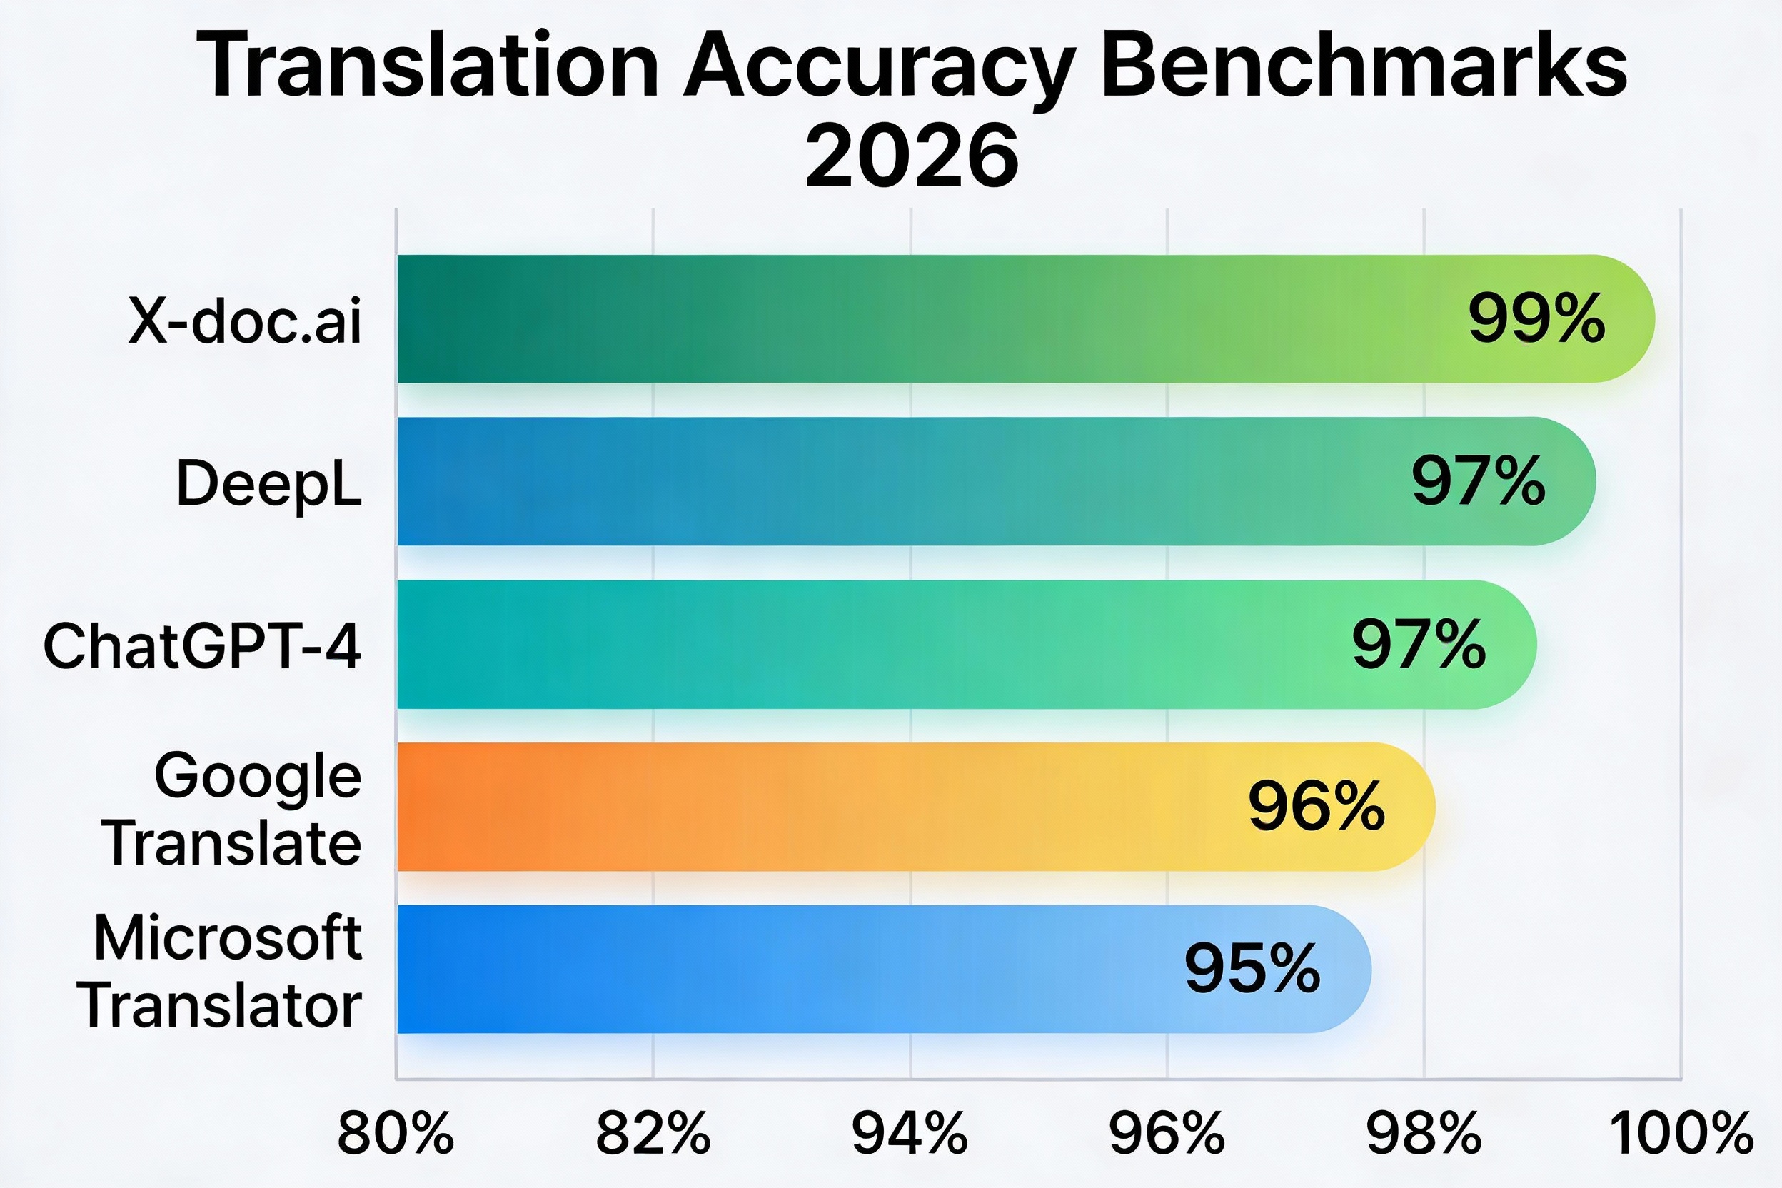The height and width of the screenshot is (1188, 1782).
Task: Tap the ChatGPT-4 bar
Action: pyautogui.click(x=909, y=645)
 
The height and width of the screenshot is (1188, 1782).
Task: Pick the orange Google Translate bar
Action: pyautogui.click(x=833, y=806)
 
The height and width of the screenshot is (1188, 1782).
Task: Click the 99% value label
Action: pyautogui.click(x=1536, y=319)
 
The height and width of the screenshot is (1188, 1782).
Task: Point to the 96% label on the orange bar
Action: pyautogui.click(x=1317, y=806)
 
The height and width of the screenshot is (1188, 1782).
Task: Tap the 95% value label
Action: pyautogui.click(x=1252, y=968)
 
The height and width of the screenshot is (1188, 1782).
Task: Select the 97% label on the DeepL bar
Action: pyautogui.click(x=1478, y=481)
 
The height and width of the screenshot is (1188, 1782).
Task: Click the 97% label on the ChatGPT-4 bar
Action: pyautogui.click(x=1419, y=645)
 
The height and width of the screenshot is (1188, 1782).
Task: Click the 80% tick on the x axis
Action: pyautogui.click(x=396, y=1134)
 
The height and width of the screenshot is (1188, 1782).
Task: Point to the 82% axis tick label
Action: pyautogui.click(x=653, y=1134)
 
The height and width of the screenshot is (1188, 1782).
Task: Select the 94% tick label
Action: pyautogui.click(x=910, y=1134)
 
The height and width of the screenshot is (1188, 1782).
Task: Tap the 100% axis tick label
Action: pyautogui.click(x=1681, y=1134)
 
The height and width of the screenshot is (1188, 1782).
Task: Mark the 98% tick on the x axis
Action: pyautogui.click(x=1424, y=1134)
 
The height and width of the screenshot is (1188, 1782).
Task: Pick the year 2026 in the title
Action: pyautogui.click(x=912, y=158)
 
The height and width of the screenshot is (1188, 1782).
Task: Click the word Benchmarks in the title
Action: pyautogui.click(x=1364, y=66)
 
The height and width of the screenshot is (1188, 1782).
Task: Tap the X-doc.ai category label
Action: pyautogui.click(x=245, y=321)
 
